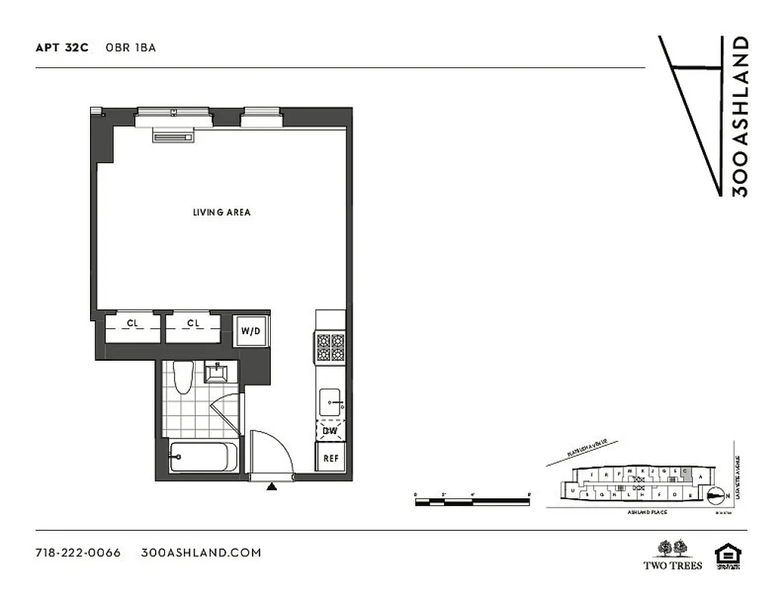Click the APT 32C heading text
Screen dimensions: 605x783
[x=62, y=48]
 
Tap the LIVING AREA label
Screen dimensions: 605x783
[x=221, y=213]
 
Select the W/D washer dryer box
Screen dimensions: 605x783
[x=250, y=330]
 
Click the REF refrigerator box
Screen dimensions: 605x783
[x=331, y=458]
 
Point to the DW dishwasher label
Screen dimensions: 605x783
[x=330, y=431]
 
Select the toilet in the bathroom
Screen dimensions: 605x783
[x=182, y=377]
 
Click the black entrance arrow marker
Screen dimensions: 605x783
[x=271, y=487]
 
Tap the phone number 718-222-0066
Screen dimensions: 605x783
[x=78, y=552]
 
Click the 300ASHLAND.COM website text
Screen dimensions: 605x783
[x=201, y=552]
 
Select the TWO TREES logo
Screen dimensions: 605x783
[x=673, y=554]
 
